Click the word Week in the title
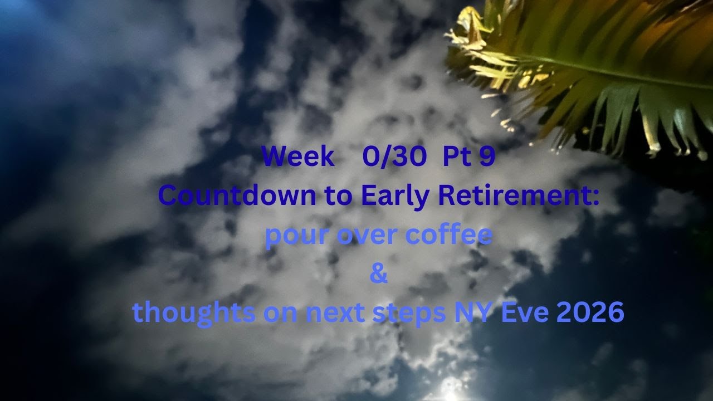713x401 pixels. click(x=298, y=158)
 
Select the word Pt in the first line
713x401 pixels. click(x=456, y=158)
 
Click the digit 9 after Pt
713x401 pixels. click(x=486, y=158)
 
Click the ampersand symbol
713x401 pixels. click(x=378, y=274)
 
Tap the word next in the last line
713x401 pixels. click(x=331, y=313)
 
